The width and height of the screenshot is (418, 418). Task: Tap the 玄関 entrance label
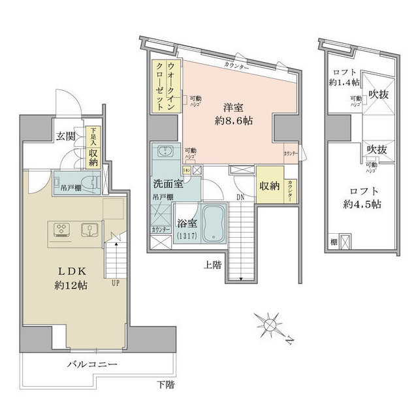65,137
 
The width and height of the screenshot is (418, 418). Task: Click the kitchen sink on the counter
87,229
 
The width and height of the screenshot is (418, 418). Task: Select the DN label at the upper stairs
240,196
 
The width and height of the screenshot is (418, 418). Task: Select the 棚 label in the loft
333,243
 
